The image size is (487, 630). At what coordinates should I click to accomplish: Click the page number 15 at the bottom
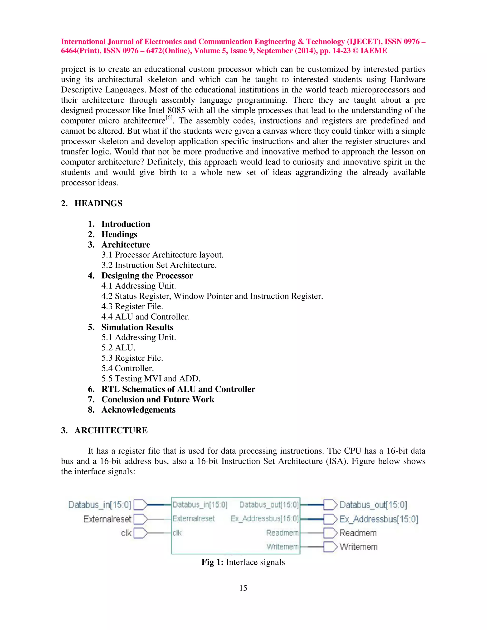(243, 588)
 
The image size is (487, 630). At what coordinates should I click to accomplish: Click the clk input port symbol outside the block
(141, 533)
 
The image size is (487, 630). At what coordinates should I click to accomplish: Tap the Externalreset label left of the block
(107, 519)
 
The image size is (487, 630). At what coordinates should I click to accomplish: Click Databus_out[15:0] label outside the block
(373, 505)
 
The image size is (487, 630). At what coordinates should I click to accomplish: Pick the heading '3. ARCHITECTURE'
(104, 430)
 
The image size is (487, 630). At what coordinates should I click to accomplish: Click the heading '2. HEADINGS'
(92, 203)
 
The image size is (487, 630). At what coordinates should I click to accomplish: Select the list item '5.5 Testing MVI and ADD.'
(151, 378)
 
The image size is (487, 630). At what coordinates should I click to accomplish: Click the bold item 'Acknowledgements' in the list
(138, 410)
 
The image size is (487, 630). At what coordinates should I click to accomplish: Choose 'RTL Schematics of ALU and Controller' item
(178, 389)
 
